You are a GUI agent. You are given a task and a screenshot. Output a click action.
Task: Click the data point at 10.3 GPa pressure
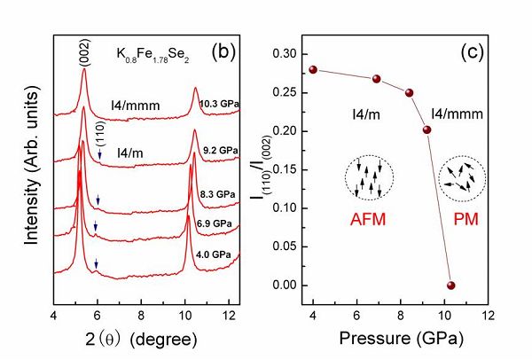(450, 286)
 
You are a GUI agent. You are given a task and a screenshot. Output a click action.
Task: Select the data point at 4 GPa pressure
(313, 69)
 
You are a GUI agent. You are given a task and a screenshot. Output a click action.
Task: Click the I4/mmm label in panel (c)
(453, 113)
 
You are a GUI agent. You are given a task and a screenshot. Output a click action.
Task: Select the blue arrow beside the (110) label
(100, 156)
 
